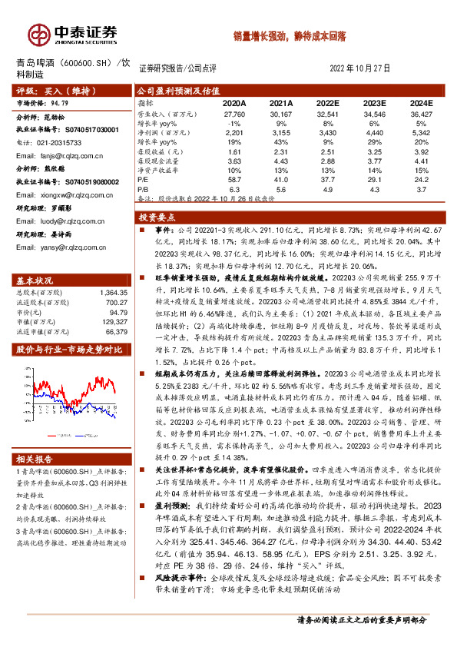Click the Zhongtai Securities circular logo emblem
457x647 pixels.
38,35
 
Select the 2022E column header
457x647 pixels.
329,102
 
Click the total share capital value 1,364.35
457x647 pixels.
112,271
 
